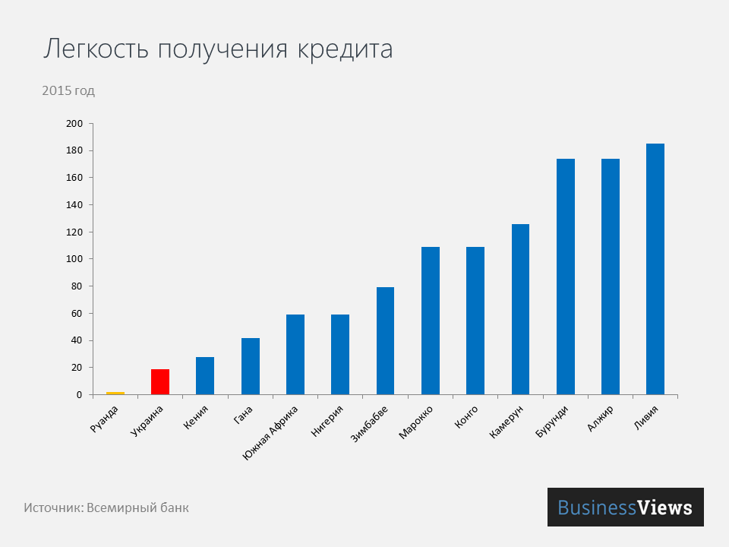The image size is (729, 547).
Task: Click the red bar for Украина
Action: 160,381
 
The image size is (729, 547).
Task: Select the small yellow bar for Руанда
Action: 115,393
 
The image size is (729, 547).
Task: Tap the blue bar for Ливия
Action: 655,269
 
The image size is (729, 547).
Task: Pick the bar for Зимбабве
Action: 385,341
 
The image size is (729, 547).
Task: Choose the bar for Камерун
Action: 520,309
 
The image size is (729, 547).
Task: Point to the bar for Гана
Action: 250,366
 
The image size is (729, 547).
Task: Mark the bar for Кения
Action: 205,375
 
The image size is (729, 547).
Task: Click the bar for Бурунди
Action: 566,277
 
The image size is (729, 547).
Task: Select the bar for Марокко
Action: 431,321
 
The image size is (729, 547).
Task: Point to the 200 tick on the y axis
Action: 74,124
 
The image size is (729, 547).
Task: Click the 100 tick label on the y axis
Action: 74,259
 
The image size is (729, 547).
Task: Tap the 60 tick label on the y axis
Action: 76,314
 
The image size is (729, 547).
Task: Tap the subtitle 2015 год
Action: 68,91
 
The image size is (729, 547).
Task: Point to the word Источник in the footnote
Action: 52,507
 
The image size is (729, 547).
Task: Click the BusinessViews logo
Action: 625,507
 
